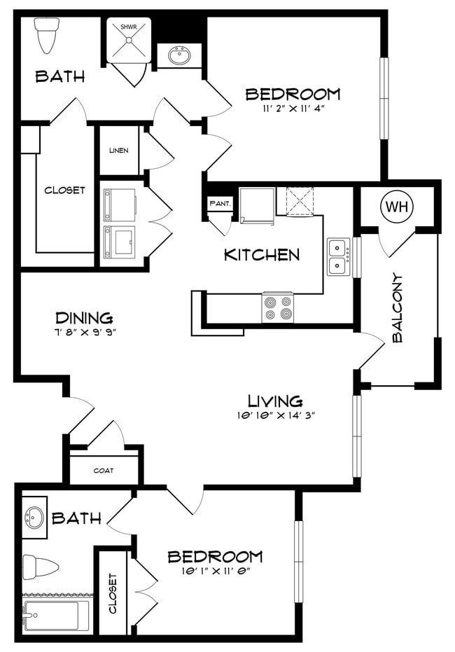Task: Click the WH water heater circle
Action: coord(397,207)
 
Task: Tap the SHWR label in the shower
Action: coord(128,27)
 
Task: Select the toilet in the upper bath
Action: coord(45,35)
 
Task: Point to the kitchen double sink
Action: coord(338,256)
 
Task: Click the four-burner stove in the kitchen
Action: coord(278,307)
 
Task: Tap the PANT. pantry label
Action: coord(220,204)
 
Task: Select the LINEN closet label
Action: coord(119,150)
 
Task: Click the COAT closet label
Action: coord(104,471)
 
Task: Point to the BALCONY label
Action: coord(398,307)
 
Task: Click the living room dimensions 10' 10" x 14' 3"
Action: coord(276,415)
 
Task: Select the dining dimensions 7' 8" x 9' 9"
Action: coord(85,332)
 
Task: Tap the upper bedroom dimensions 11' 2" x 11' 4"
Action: coord(293,109)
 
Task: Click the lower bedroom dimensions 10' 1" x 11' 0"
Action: coord(215,571)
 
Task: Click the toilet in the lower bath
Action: coord(41,567)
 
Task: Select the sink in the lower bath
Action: coord(34,517)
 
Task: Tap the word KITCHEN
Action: coord(262,255)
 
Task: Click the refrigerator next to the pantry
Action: coord(257,205)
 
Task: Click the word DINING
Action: coord(85,318)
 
